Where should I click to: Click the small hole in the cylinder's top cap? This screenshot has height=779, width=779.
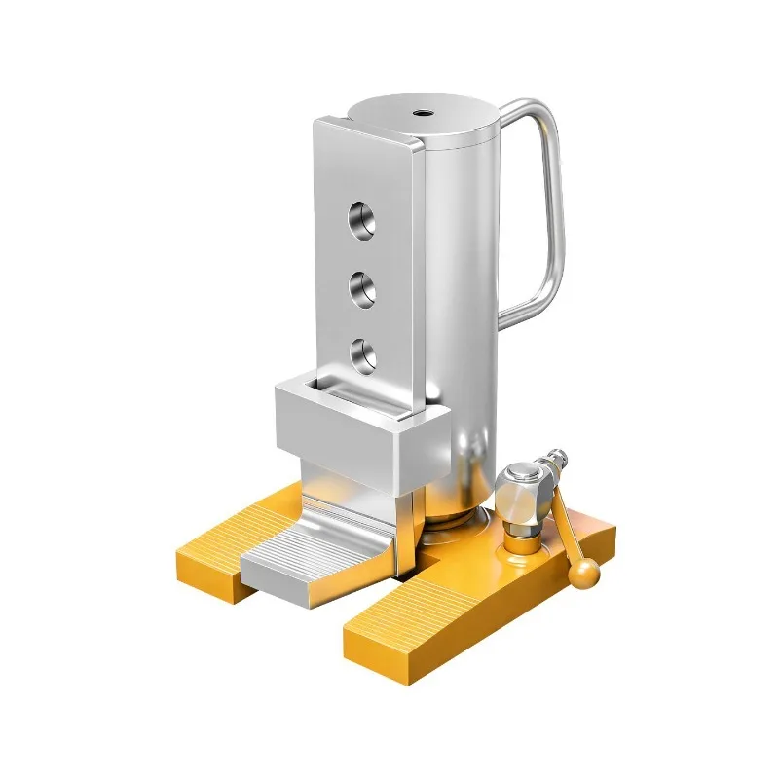(x=425, y=112)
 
